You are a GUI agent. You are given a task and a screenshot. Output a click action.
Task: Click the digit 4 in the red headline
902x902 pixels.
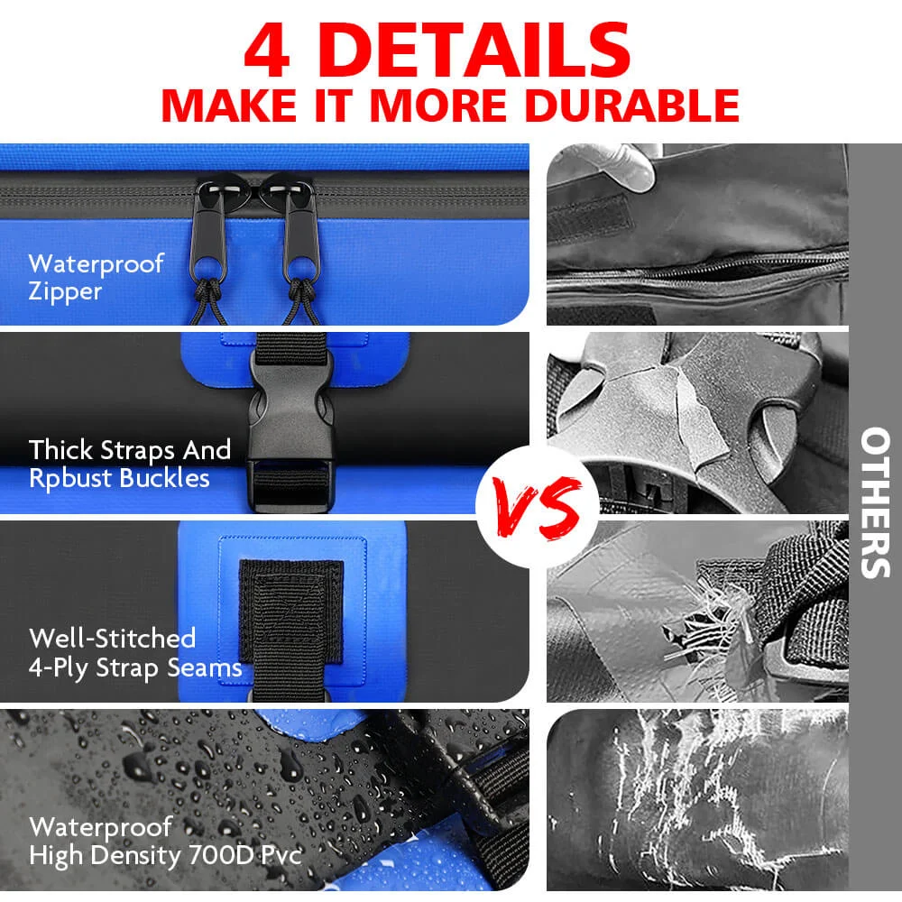(x=267, y=51)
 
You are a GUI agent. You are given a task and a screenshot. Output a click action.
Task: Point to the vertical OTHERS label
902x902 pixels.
(x=876, y=502)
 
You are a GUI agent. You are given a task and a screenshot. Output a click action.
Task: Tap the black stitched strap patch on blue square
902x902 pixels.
(x=291, y=612)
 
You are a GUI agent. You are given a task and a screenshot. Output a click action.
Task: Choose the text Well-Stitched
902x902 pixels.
(x=112, y=638)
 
